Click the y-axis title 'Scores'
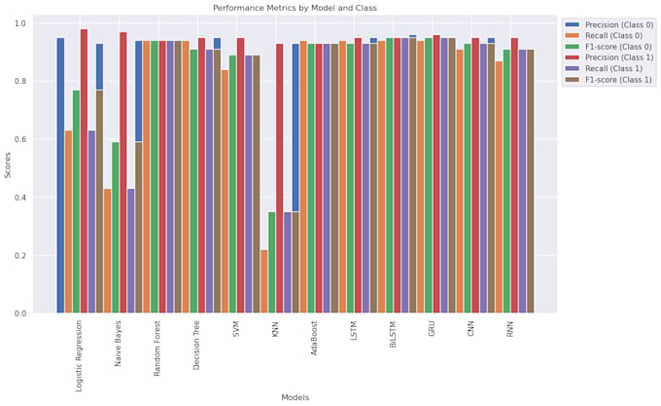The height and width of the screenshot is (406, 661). click(x=8, y=165)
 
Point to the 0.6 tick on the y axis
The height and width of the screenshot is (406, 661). click(x=21, y=139)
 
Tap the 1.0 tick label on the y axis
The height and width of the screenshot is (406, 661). click(x=21, y=23)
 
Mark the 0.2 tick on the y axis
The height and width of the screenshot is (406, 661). click(x=21, y=256)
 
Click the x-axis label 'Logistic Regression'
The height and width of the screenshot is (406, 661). click(x=80, y=356)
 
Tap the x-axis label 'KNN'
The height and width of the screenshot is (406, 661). click(x=276, y=330)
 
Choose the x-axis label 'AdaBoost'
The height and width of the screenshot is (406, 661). click(x=315, y=340)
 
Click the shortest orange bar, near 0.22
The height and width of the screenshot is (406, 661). click(x=264, y=281)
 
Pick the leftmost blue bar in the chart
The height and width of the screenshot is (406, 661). click(x=60, y=175)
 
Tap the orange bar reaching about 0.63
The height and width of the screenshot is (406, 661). click(x=68, y=222)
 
